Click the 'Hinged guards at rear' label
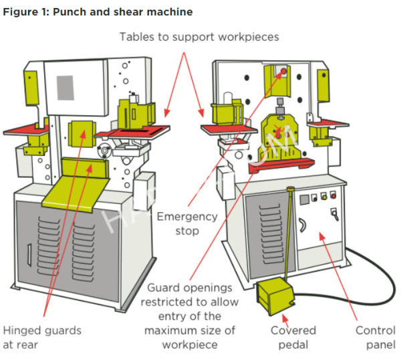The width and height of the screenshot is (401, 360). click(42, 338)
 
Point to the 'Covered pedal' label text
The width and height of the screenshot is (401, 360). click(293, 338)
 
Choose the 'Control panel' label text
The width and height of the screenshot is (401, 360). click(375, 338)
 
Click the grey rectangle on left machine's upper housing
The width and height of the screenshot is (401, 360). click(65, 86)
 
